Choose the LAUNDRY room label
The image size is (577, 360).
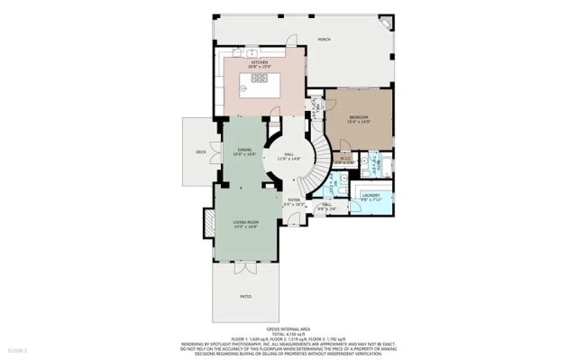371,195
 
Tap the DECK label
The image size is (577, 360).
201,152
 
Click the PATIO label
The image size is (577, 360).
246,296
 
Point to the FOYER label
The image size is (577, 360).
294,199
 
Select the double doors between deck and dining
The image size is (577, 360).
214,152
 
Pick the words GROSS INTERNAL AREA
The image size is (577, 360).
288,330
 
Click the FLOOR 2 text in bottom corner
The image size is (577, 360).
18,349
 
